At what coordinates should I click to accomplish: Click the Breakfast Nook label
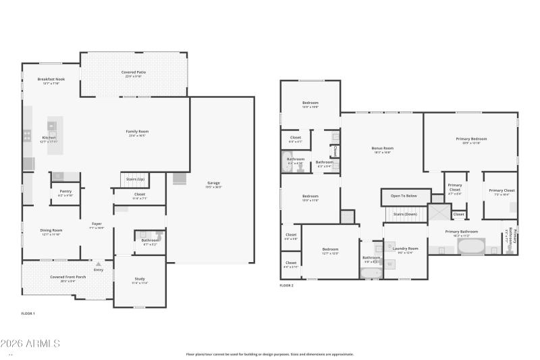pyautogui.click(x=51, y=79)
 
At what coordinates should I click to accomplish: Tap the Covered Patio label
pyautogui.click(x=134, y=72)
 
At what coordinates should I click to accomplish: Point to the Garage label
pyautogui.click(x=213, y=183)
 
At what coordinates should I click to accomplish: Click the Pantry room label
pyautogui.click(x=65, y=191)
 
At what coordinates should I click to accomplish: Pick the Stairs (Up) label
pyautogui.click(x=135, y=179)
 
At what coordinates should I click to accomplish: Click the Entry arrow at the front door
pyautogui.click(x=99, y=263)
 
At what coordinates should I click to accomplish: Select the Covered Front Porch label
pyautogui.click(x=67, y=277)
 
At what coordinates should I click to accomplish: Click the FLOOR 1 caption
pyautogui.click(x=28, y=313)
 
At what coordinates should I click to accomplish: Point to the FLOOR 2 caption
pyautogui.click(x=287, y=286)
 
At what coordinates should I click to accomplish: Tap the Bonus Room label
pyautogui.click(x=382, y=148)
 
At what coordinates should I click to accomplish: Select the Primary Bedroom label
pyautogui.click(x=470, y=138)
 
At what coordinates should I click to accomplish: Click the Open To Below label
pyautogui.click(x=404, y=197)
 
